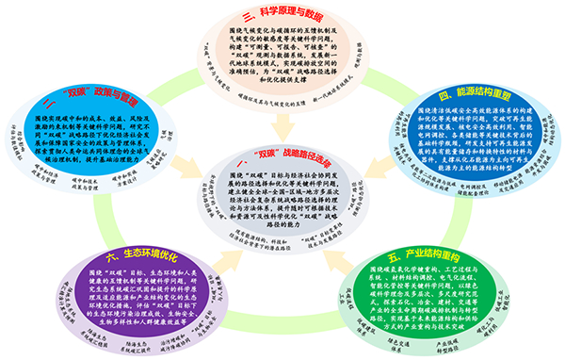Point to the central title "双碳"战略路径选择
282,152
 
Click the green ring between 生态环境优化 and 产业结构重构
282,325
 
